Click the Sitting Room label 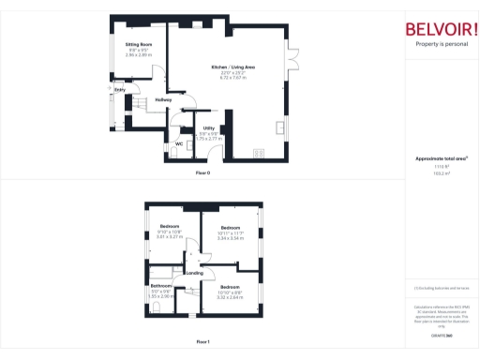tap(139, 44)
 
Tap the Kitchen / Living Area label tap(232, 67)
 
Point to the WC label tap(178, 143)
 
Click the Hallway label tap(163, 100)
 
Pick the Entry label tap(120, 90)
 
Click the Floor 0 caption tap(202, 174)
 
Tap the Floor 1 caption tap(202, 342)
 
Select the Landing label tap(194, 273)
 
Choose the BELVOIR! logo tap(439, 28)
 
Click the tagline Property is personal tap(439, 44)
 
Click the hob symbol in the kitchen tap(260, 151)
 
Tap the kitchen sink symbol tap(281, 127)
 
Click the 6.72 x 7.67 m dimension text tap(232, 78)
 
